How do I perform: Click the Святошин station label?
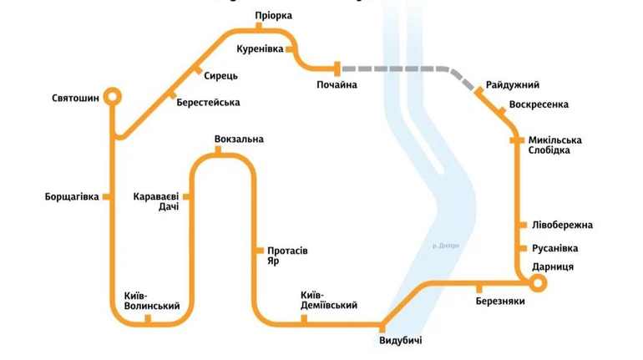pyautogui.click(x=75, y=99)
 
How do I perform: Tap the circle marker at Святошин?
pyautogui.click(x=112, y=97)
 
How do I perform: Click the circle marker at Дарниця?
pyautogui.click(x=538, y=283)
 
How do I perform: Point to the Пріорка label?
pyautogui.click(x=274, y=16)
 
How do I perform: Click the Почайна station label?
pyautogui.click(x=337, y=85)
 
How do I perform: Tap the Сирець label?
pyautogui.click(x=220, y=75)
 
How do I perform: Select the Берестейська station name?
pyautogui.click(x=208, y=103)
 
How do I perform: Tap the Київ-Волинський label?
pyautogui.click(x=151, y=301)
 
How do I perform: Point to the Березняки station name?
pyautogui.click(x=500, y=301)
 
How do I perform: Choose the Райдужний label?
pyautogui.click(x=512, y=85)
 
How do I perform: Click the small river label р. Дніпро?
pyautogui.click(x=446, y=246)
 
